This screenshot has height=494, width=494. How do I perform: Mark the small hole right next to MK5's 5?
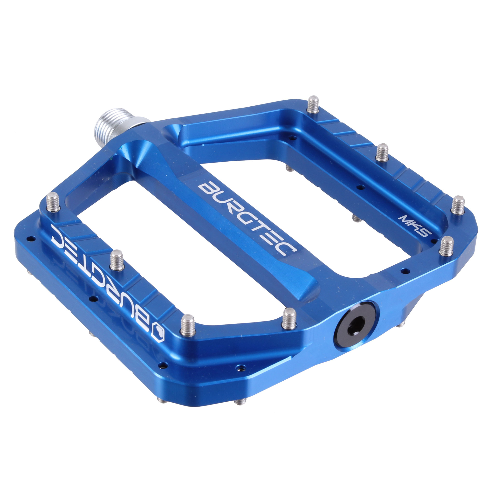point(433,241)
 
